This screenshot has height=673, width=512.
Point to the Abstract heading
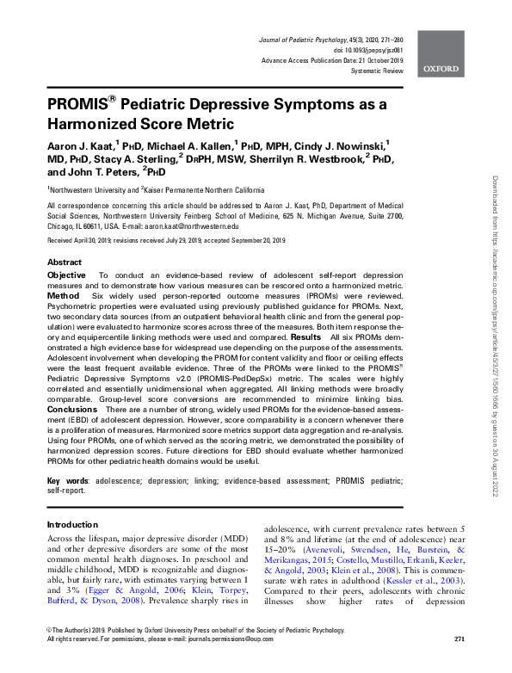click(x=65, y=262)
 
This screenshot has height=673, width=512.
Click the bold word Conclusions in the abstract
click(x=73, y=410)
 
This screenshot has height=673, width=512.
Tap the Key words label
click(x=65, y=479)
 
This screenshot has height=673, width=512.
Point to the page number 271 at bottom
click(x=460, y=663)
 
